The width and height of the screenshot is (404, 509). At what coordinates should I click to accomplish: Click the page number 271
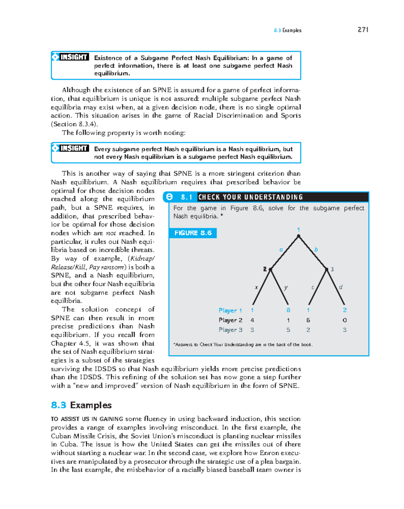click(x=363, y=30)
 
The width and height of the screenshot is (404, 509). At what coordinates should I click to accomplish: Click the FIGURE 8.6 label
click(x=193, y=233)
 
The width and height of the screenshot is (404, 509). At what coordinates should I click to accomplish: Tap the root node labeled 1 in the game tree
click(x=298, y=236)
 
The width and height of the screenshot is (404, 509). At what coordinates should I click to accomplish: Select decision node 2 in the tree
click(x=270, y=269)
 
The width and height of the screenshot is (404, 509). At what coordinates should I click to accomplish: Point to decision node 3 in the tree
click(x=327, y=269)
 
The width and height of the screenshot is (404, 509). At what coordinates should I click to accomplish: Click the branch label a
click(x=281, y=250)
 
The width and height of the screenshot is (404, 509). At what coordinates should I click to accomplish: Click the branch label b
click(x=316, y=250)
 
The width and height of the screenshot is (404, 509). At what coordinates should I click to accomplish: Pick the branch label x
click(x=256, y=287)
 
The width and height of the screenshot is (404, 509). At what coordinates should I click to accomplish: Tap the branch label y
click(x=286, y=287)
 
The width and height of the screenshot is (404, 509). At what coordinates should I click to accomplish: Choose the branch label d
click(x=341, y=287)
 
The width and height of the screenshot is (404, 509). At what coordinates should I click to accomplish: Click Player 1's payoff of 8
click(x=288, y=310)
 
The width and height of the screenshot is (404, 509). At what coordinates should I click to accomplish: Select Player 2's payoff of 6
click(x=308, y=320)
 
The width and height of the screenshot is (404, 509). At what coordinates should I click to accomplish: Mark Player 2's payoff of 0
click(x=345, y=320)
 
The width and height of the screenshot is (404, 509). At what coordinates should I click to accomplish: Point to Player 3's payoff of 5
click(x=288, y=330)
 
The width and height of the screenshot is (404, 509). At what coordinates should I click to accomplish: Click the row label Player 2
click(x=230, y=320)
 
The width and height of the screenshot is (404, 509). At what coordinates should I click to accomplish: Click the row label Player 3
click(x=230, y=330)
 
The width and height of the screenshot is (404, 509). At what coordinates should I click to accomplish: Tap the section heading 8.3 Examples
click(x=81, y=405)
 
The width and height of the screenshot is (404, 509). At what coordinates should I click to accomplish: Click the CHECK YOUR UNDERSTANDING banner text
click(x=250, y=197)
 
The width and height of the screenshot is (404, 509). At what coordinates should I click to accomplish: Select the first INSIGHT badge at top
click(x=70, y=57)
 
